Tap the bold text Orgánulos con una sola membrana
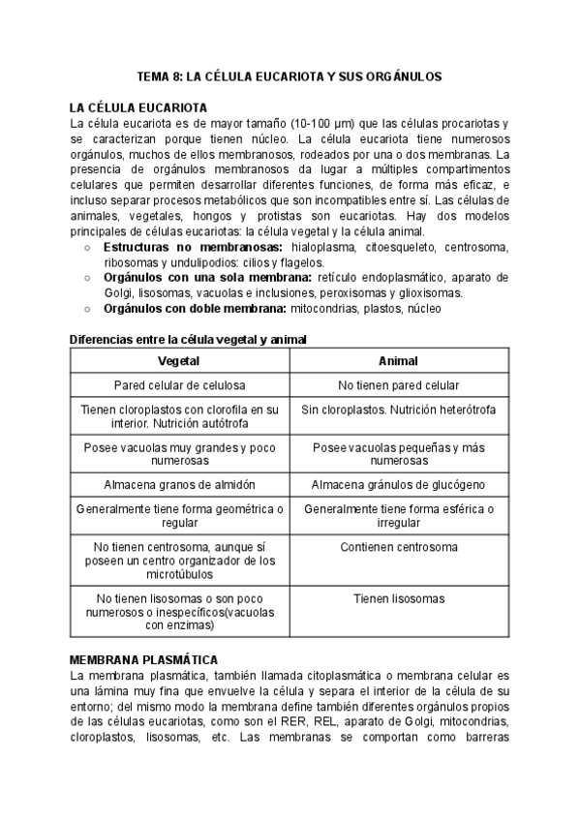pyautogui.click(x=198, y=277)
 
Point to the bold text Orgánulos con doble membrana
pyautogui.click(x=186, y=308)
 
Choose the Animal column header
pyautogui.click(x=398, y=360)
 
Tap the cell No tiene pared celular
pyautogui.click(x=398, y=384)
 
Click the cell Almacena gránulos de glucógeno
pyautogui.click(x=398, y=484)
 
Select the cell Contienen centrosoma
pyautogui.click(x=398, y=547)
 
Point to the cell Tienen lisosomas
pyautogui.click(x=398, y=598)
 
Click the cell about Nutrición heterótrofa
pyautogui.click(x=398, y=410)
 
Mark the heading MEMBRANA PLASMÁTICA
pyautogui.click(x=143, y=658)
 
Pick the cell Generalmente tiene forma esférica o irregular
pyautogui.click(x=398, y=515)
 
